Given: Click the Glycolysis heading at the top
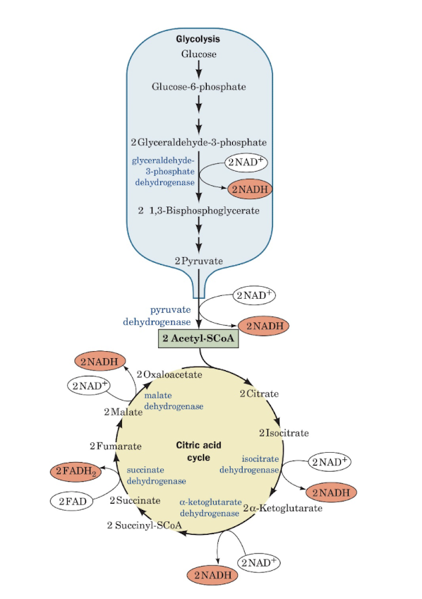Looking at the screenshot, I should pos(198,40).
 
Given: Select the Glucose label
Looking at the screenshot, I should pos(198,54).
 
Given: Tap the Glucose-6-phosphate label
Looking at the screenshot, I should pos(198,87).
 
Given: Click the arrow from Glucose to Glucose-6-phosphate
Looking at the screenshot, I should pos(199,69).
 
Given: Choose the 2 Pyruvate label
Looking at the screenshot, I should pos(198,261).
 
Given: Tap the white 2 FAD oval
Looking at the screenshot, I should pos(73,501).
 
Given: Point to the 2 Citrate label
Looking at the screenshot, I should pos(259,393).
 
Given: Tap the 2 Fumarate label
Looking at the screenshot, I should pos(116,446).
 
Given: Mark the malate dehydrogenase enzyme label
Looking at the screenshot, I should pos(174,401).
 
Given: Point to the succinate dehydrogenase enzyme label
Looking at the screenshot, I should pos(156,475).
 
